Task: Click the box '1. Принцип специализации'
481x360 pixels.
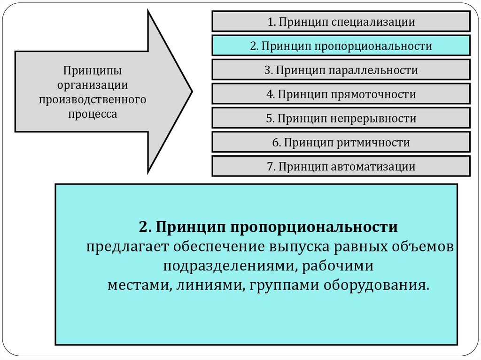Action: [x=341, y=22]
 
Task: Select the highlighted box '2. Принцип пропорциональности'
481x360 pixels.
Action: [x=341, y=46]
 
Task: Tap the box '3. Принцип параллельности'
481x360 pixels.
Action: [x=341, y=70]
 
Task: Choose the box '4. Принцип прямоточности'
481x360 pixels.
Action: [x=341, y=94]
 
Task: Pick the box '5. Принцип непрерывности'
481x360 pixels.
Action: [x=341, y=118]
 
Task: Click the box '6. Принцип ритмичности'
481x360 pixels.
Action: [x=341, y=142]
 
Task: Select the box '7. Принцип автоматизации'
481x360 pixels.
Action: [x=341, y=166]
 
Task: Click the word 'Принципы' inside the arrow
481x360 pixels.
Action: [x=93, y=71]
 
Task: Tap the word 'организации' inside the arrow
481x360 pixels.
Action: [x=93, y=85]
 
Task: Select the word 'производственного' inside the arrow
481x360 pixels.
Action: [x=93, y=99]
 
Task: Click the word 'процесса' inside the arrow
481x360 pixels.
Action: [x=93, y=113]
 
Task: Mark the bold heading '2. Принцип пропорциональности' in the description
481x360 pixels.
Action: [x=268, y=227]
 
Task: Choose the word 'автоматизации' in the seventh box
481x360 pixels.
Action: [x=374, y=166]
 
